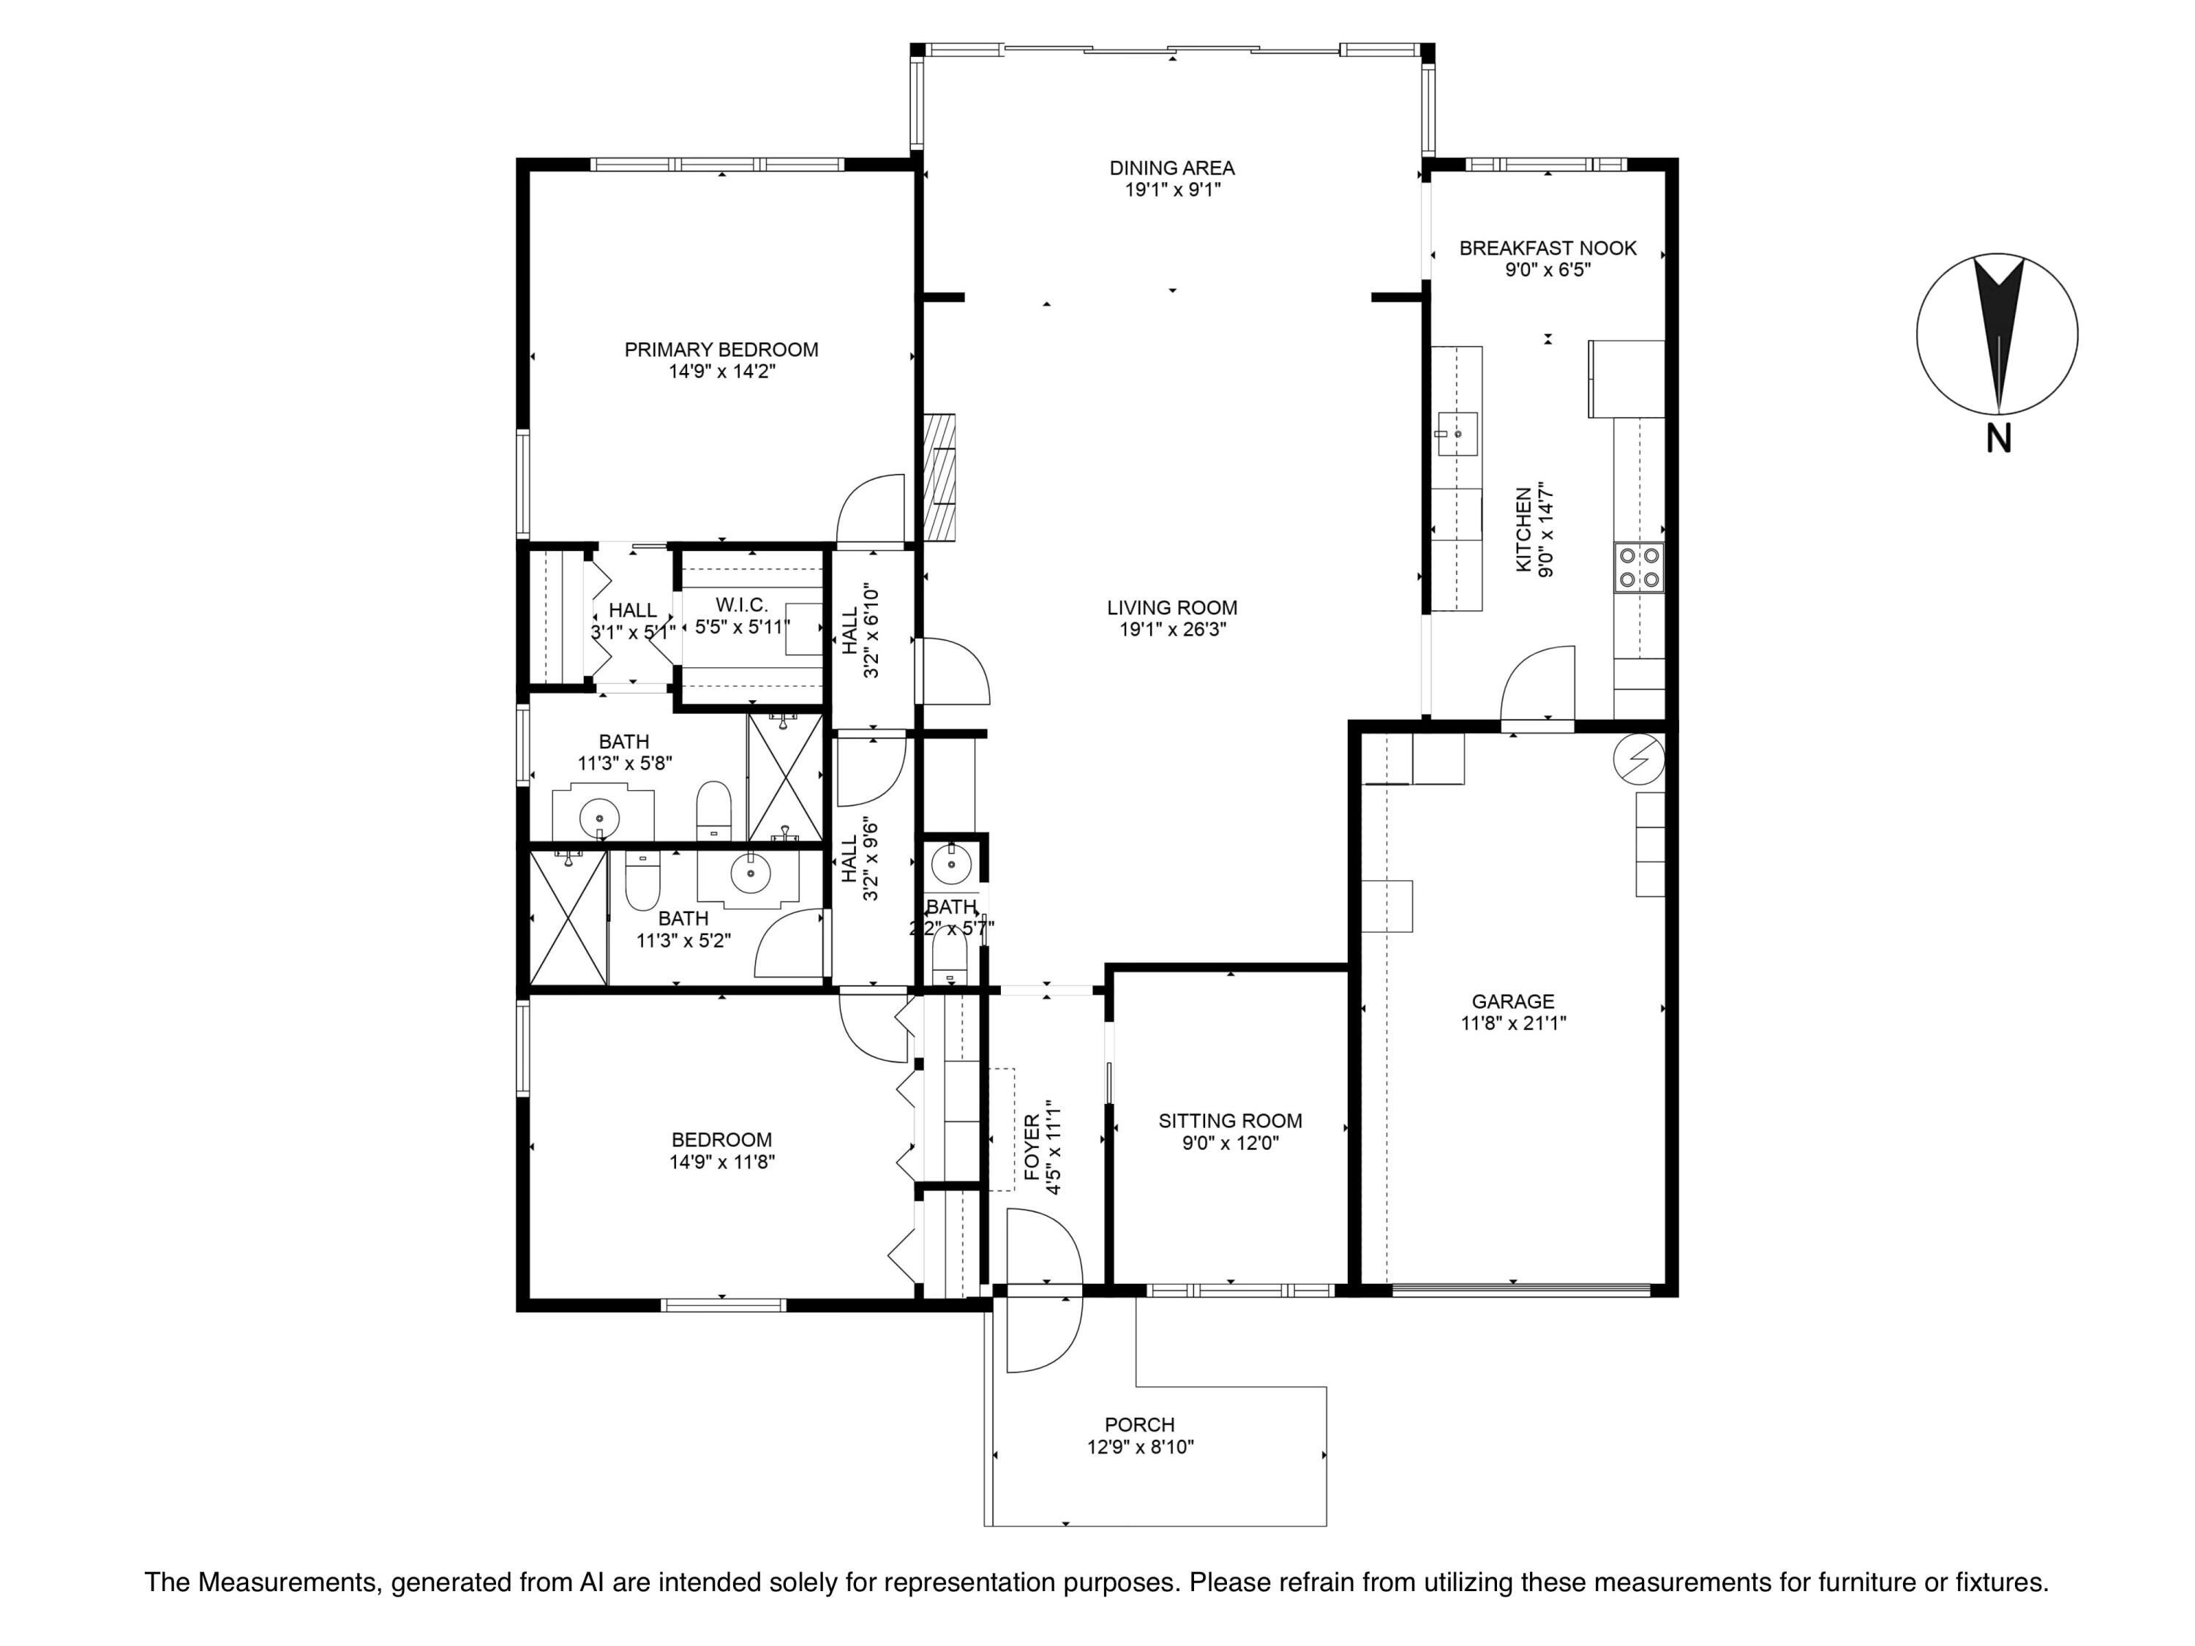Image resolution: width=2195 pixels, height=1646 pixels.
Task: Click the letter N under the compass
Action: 1998,438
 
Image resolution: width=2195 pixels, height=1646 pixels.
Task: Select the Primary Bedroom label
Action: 721,349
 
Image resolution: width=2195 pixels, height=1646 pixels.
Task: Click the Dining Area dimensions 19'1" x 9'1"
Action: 1172,189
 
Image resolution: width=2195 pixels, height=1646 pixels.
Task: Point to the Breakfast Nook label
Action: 1547,248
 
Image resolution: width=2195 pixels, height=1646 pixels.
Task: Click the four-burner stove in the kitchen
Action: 1638,568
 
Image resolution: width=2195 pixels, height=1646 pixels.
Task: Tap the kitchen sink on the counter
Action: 1457,434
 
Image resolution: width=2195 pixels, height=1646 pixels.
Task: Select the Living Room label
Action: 1172,607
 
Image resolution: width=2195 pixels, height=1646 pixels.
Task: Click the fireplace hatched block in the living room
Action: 939,477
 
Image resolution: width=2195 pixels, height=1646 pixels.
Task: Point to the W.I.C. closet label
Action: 742,605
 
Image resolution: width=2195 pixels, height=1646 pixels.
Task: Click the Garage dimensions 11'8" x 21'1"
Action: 1513,1023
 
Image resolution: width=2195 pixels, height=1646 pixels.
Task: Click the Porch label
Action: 1139,1425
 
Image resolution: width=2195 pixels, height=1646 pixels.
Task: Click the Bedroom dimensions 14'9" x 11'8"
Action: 721,1162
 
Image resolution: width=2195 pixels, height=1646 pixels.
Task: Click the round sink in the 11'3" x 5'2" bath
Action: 749,873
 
